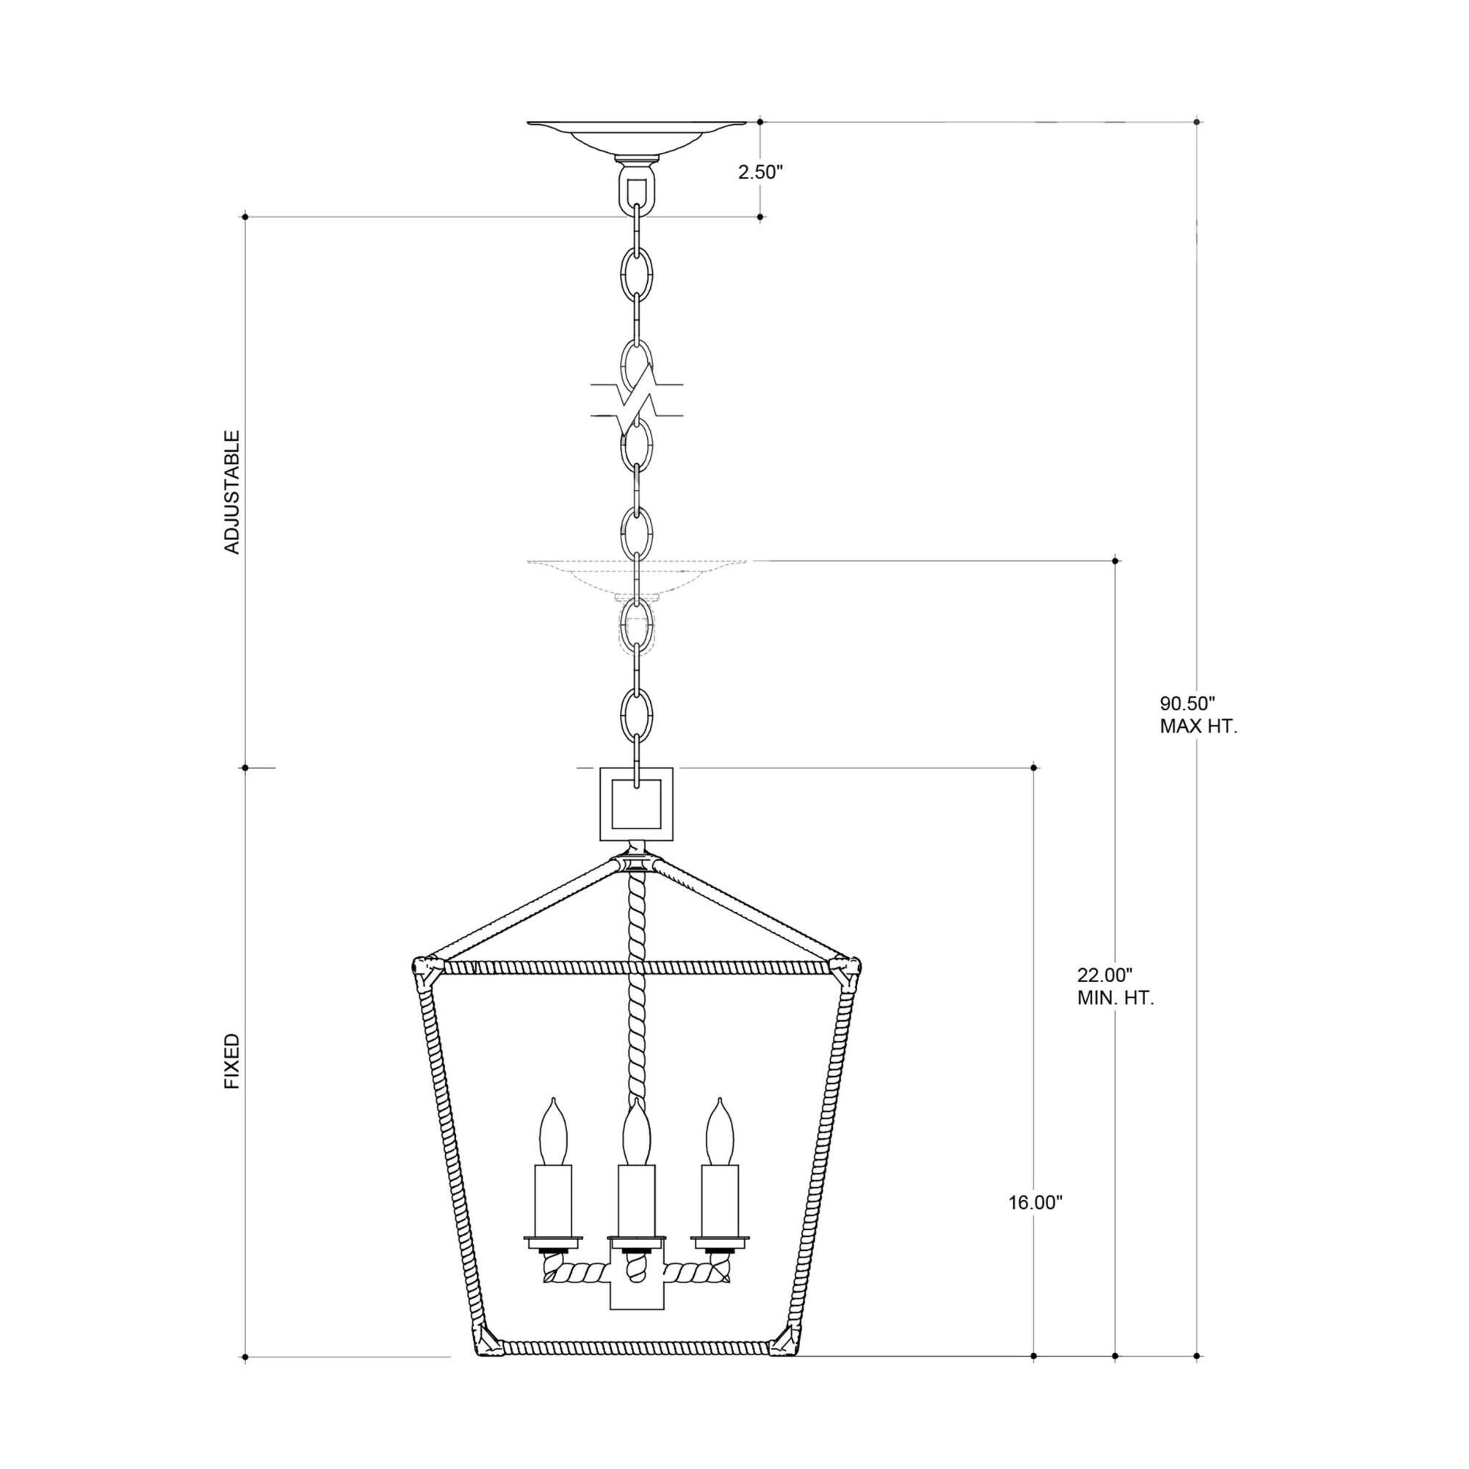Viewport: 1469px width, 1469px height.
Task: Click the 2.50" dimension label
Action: coord(759,172)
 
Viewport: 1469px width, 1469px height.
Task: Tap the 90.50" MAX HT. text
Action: coord(1198,715)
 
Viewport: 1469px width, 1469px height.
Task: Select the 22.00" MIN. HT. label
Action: coord(1116,986)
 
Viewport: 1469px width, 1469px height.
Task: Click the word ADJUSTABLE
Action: coord(232,492)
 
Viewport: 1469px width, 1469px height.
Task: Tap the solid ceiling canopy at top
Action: coord(635,137)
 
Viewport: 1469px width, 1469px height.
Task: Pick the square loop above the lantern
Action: coord(635,804)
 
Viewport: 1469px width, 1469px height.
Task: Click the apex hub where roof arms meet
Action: coord(635,865)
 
